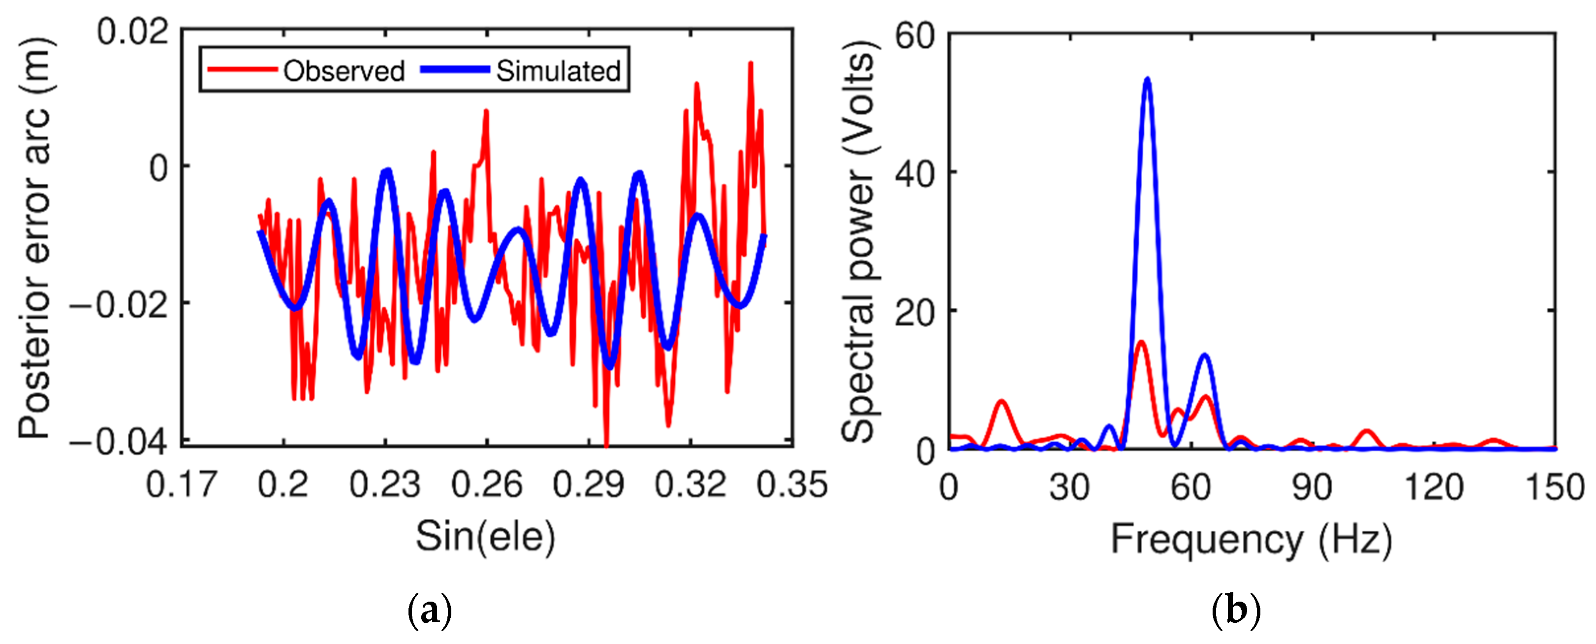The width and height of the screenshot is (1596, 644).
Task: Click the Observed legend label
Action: (x=344, y=71)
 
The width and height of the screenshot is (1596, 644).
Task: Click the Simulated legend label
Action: (x=558, y=71)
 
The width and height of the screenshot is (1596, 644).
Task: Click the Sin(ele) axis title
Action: (x=485, y=537)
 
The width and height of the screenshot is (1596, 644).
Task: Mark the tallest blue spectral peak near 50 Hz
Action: (x=1148, y=80)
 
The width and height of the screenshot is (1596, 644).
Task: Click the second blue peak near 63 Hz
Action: (x=1204, y=356)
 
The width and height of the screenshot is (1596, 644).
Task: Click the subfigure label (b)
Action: (x=1236, y=611)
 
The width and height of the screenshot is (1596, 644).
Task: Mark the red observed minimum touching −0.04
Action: (x=606, y=443)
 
